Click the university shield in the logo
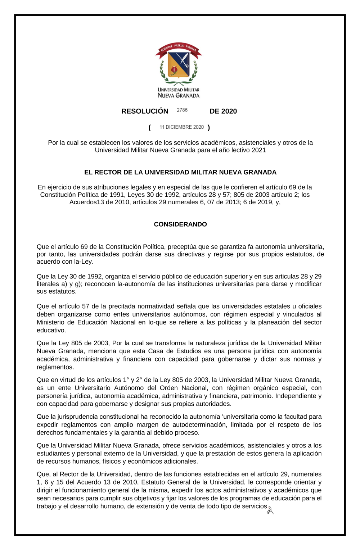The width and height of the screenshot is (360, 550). (x=179, y=64)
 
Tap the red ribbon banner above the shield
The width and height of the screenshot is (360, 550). (x=179, y=49)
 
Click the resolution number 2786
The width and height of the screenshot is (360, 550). (x=182, y=110)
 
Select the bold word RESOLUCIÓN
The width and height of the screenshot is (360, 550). (x=145, y=111)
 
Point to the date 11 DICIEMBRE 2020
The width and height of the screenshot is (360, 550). (x=182, y=127)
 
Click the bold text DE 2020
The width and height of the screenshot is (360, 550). (x=223, y=111)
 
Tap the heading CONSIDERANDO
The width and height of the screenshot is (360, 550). (x=180, y=224)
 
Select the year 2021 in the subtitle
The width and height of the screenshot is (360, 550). (x=259, y=150)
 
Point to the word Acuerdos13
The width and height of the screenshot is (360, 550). (x=87, y=202)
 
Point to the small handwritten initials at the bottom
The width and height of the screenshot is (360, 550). (x=270, y=510)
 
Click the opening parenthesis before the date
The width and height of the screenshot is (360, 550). (x=149, y=127)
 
